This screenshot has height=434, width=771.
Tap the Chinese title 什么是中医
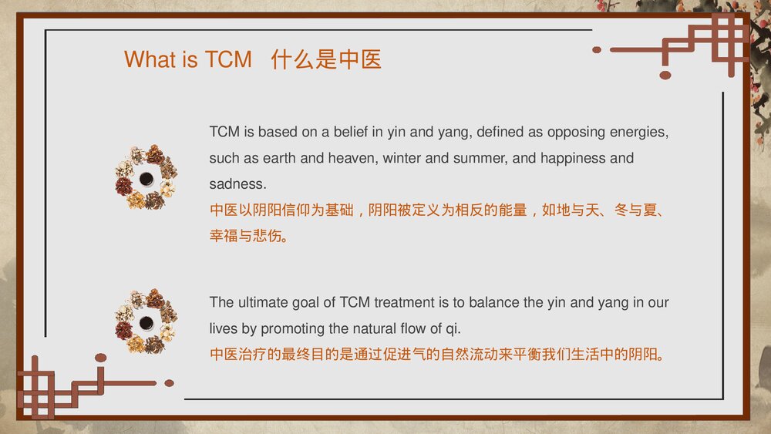tap(326, 59)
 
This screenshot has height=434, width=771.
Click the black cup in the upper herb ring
tap(146, 179)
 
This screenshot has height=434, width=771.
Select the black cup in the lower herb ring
tap(146, 323)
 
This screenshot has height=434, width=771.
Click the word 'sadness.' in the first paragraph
tap(238, 183)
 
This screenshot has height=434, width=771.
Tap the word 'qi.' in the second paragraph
tap(453, 329)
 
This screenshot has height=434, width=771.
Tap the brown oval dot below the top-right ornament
tap(665, 75)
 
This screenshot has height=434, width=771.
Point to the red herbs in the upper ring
tap(124, 187)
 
